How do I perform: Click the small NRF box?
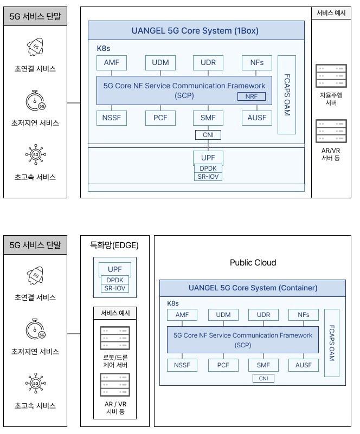coord(252,96)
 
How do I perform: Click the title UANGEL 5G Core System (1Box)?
coord(195,30)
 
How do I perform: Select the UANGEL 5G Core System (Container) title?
coord(253,288)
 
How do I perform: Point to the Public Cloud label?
coord(253,263)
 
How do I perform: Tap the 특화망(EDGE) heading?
coord(114,245)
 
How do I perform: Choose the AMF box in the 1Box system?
coord(111,62)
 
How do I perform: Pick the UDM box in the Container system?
coord(223,315)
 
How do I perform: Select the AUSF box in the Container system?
coord(304,365)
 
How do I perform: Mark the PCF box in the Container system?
coord(223,365)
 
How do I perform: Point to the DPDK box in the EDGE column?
coord(114,280)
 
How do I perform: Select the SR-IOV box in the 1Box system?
coord(209,176)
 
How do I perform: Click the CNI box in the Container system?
coord(263,378)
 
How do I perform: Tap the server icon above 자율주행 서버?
coord(331,76)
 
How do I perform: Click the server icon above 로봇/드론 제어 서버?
coord(114,338)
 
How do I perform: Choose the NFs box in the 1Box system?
coord(257,62)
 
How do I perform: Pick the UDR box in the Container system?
coord(263,315)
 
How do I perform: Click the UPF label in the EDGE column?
coord(114,269)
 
